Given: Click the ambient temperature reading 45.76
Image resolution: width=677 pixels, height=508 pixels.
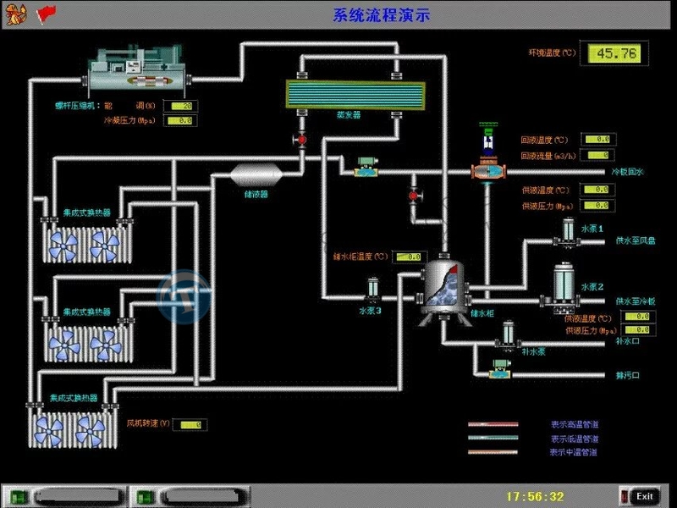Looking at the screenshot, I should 614,53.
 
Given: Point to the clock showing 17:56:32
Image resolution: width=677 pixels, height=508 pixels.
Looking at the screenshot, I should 535,496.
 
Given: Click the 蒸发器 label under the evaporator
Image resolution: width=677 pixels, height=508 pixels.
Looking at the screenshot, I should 348,114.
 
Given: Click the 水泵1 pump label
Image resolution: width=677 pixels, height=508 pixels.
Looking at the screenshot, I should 592,229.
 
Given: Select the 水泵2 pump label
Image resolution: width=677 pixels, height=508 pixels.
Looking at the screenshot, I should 592,287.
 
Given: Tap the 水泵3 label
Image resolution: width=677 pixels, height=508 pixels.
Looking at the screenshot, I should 371,310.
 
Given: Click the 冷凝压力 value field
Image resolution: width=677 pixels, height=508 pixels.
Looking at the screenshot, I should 179,121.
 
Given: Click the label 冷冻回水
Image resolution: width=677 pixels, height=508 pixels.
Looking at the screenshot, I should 627,172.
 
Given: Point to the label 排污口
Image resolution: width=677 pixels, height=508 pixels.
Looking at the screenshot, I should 627,375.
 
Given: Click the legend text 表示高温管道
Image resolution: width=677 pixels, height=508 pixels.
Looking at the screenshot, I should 574,424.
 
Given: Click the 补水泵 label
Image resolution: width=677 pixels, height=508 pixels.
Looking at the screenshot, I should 532,351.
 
